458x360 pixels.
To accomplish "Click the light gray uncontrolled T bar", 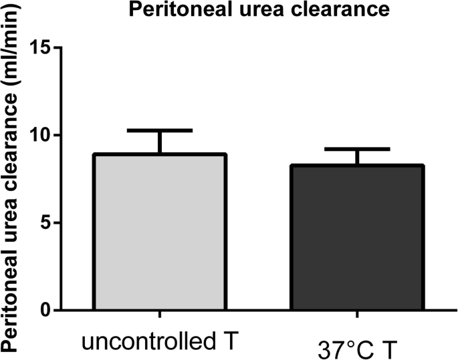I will point(160,232).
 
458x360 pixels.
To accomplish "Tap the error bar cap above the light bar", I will point(160,130).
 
